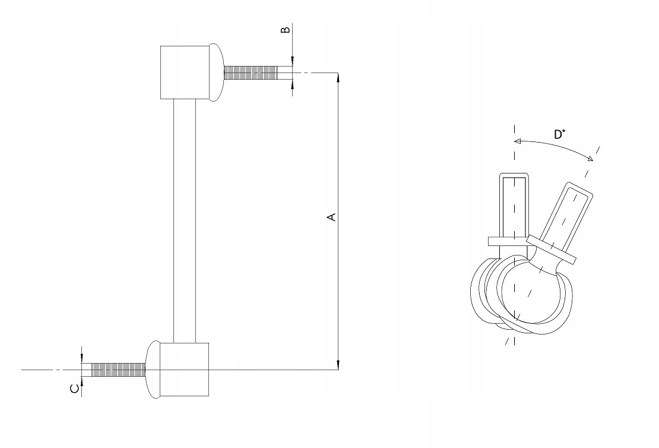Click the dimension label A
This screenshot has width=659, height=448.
click(332, 217)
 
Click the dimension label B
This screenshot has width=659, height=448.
click(286, 30)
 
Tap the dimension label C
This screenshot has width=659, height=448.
click(74, 388)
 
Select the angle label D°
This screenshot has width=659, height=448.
click(559, 135)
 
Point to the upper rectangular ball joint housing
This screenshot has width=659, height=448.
click(185, 72)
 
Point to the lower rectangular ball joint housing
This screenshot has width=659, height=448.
click(185, 370)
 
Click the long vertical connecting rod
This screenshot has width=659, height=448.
click(185, 221)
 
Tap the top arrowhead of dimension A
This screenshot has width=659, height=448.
click(338, 77)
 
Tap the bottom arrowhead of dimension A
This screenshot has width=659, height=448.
click(338, 365)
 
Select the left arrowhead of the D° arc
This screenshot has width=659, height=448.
click(518, 141)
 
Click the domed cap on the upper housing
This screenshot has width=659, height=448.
click(217, 72)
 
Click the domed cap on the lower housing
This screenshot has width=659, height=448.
click(153, 370)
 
